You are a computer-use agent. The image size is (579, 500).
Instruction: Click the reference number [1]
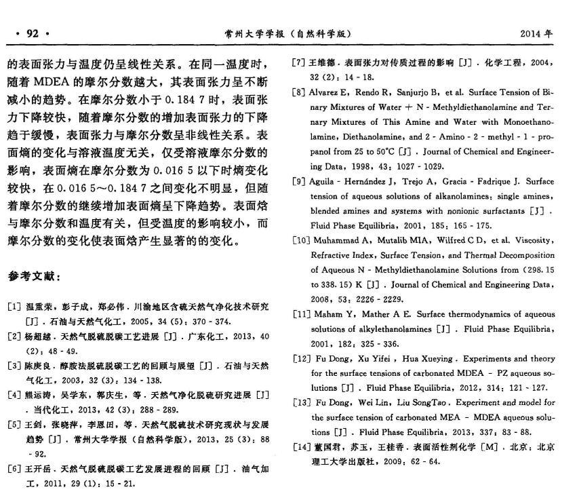(14, 307)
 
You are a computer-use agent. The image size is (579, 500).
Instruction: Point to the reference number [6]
(14, 469)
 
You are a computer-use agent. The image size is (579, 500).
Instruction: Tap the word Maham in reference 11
(328, 314)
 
